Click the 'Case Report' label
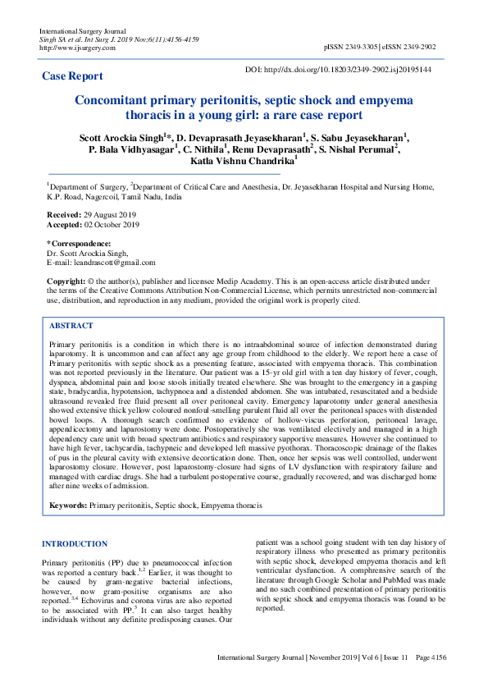[x=73, y=76]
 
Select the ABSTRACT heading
[x=71, y=326]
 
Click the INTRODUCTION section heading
[x=75, y=544]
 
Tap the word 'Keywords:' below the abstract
[x=68, y=507]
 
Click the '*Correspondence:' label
[x=79, y=244]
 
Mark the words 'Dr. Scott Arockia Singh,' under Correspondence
[x=88, y=254]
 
